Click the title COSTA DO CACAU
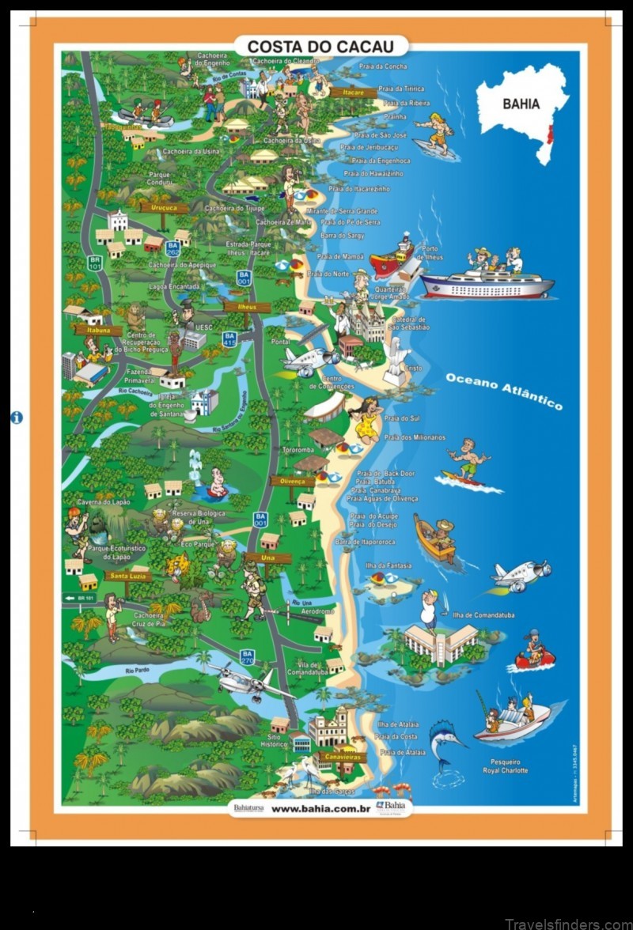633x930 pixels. (x=321, y=47)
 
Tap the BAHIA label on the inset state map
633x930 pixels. (x=521, y=104)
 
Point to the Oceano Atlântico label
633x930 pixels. (x=504, y=391)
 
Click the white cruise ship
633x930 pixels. (x=487, y=284)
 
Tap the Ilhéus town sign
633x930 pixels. (x=248, y=307)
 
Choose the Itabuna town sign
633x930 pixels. (x=99, y=331)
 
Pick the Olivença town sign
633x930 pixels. (x=292, y=480)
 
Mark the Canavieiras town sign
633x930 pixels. (x=341, y=757)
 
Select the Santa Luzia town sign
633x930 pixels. (x=127, y=576)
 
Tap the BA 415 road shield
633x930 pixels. (x=229, y=340)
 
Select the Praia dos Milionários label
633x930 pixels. (x=415, y=437)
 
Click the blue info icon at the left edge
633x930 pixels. (x=17, y=418)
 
